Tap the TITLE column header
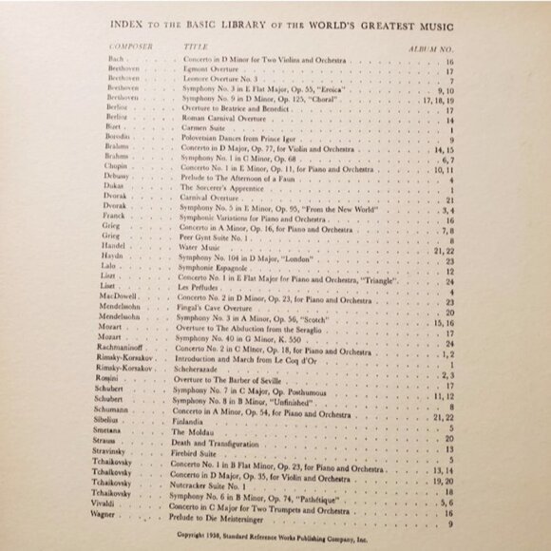(x=195, y=45)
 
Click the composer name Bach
(x=115, y=59)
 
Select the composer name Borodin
(x=121, y=140)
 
